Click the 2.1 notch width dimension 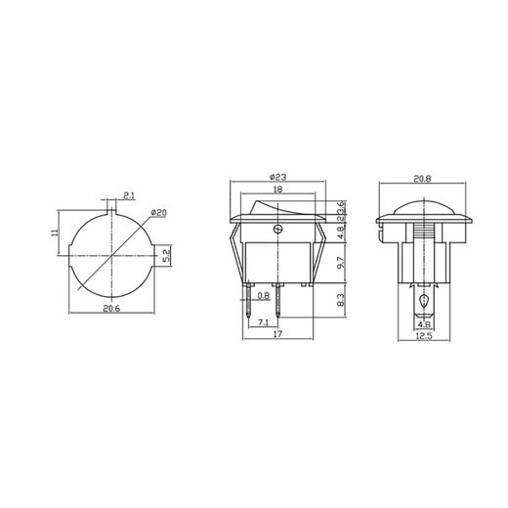pos(130,194)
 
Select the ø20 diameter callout pos(159,213)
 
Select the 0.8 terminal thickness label pos(264,295)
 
